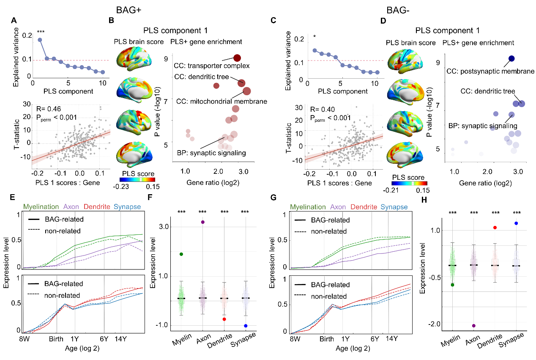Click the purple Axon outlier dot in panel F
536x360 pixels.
[202, 222]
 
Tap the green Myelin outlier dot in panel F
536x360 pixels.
[170, 254]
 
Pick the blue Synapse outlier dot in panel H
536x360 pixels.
[516, 223]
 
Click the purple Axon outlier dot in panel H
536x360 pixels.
[474, 325]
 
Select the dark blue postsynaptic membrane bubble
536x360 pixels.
[511, 58]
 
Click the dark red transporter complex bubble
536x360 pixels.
[237, 58]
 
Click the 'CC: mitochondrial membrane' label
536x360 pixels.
[222, 101]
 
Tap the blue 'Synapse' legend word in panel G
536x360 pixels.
[394, 207]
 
